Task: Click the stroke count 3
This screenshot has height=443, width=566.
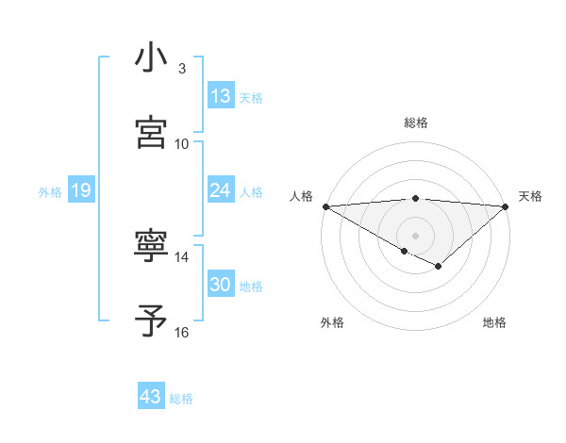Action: point(182,69)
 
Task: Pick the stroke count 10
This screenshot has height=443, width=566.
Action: point(182,143)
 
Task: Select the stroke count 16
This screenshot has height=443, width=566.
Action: point(182,332)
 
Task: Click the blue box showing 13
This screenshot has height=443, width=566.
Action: point(220,96)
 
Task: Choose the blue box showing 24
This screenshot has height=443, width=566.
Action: point(220,190)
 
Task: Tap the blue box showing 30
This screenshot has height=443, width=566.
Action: point(220,285)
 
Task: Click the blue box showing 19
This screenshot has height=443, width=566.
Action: point(80,190)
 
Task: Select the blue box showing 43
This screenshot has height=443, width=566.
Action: point(151,397)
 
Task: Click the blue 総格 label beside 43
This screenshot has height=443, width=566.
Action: point(181,399)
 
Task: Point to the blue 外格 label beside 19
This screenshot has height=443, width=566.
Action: point(50,192)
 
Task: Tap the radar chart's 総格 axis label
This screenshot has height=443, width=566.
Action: point(415,123)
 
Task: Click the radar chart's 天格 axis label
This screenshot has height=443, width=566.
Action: point(530,196)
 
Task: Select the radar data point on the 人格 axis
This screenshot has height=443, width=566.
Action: point(325,206)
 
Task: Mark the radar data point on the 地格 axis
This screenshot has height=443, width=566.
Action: point(439,267)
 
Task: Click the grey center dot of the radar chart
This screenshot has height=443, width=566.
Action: point(415,234)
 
